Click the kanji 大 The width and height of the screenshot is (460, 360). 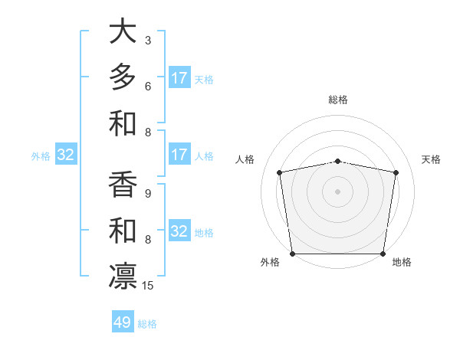click(123, 32)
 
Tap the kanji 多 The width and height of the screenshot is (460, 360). click(123, 77)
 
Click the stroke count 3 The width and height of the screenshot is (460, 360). click(148, 40)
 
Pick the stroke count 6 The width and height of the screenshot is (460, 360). click(148, 86)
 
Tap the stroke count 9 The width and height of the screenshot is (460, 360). click(148, 193)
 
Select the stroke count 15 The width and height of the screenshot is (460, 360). click(148, 286)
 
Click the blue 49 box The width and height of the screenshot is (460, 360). click(123, 322)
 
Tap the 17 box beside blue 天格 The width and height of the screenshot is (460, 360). click(179, 77)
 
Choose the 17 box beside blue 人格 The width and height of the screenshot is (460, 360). click(179, 155)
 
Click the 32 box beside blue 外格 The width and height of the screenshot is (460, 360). click(66, 155)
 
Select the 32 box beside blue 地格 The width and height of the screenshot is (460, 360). click(179, 232)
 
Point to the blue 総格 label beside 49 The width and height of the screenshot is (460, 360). click(147, 324)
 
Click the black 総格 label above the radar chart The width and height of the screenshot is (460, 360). click(337, 100)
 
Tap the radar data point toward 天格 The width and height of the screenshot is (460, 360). click(396, 172)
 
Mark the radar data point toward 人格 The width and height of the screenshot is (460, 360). click(280, 172)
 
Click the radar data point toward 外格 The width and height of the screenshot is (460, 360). click(292, 254)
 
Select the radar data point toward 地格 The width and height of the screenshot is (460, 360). click(383, 254)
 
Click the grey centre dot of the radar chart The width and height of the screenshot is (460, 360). click(337, 191)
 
